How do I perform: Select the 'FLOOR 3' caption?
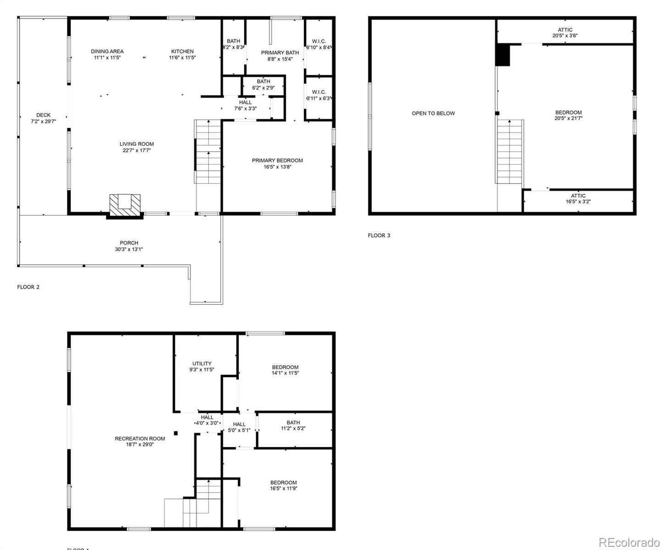coord(379,236)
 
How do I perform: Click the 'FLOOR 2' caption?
coord(28,287)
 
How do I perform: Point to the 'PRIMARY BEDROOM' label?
coord(277,160)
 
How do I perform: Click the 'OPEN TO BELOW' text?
coord(433,113)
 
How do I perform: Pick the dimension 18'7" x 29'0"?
coord(140,444)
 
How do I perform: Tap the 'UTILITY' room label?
coord(202,363)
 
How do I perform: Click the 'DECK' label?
coord(44,115)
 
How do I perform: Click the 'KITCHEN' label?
coord(183,51)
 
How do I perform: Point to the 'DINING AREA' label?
coord(107,51)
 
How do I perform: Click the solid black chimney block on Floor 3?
coord(503,55)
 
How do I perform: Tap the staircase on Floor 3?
coord(510,151)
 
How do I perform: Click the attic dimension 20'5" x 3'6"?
coord(565,35)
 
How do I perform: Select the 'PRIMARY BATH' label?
coord(280,53)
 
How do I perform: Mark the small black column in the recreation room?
coord(176,433)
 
